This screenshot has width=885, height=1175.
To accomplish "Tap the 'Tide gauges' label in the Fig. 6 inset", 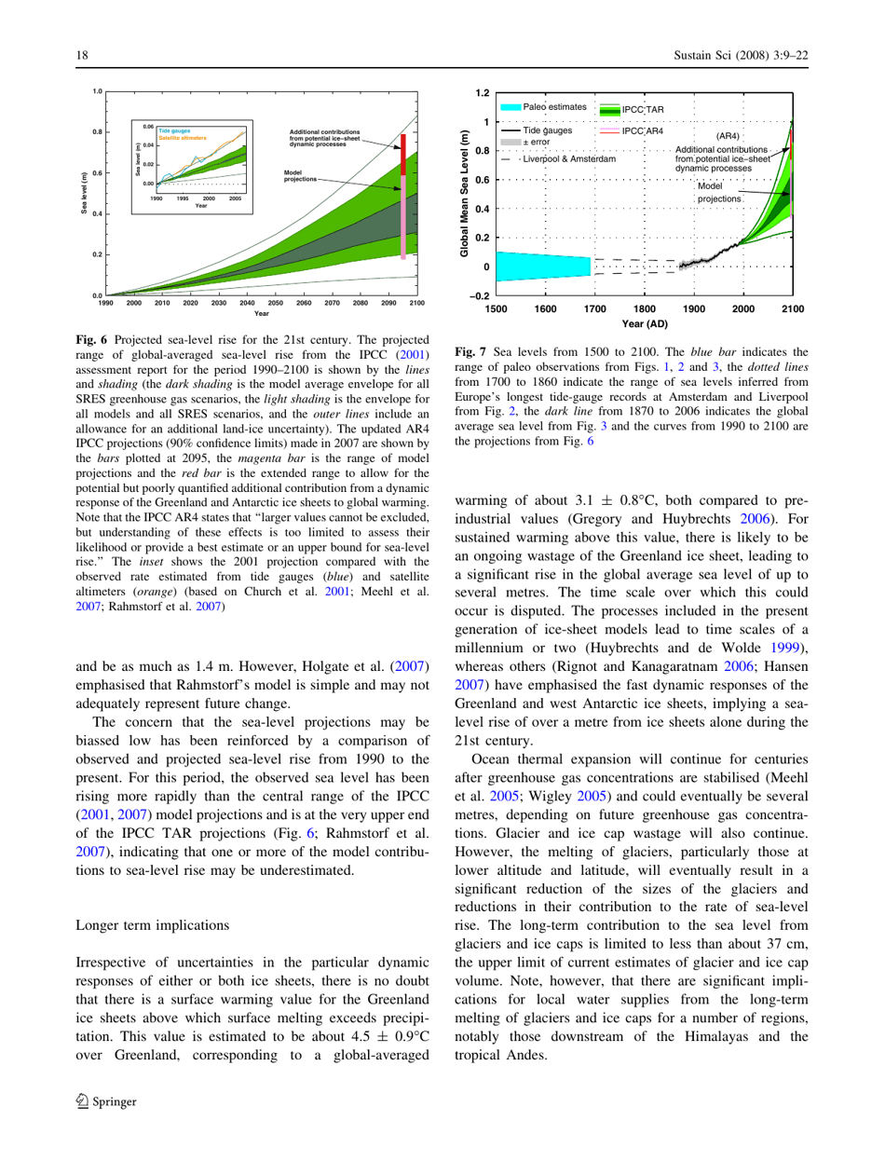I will pyautogui.click(x=172, y=130).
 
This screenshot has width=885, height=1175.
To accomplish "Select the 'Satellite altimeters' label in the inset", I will pyautogui.click(x=180, y=138).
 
